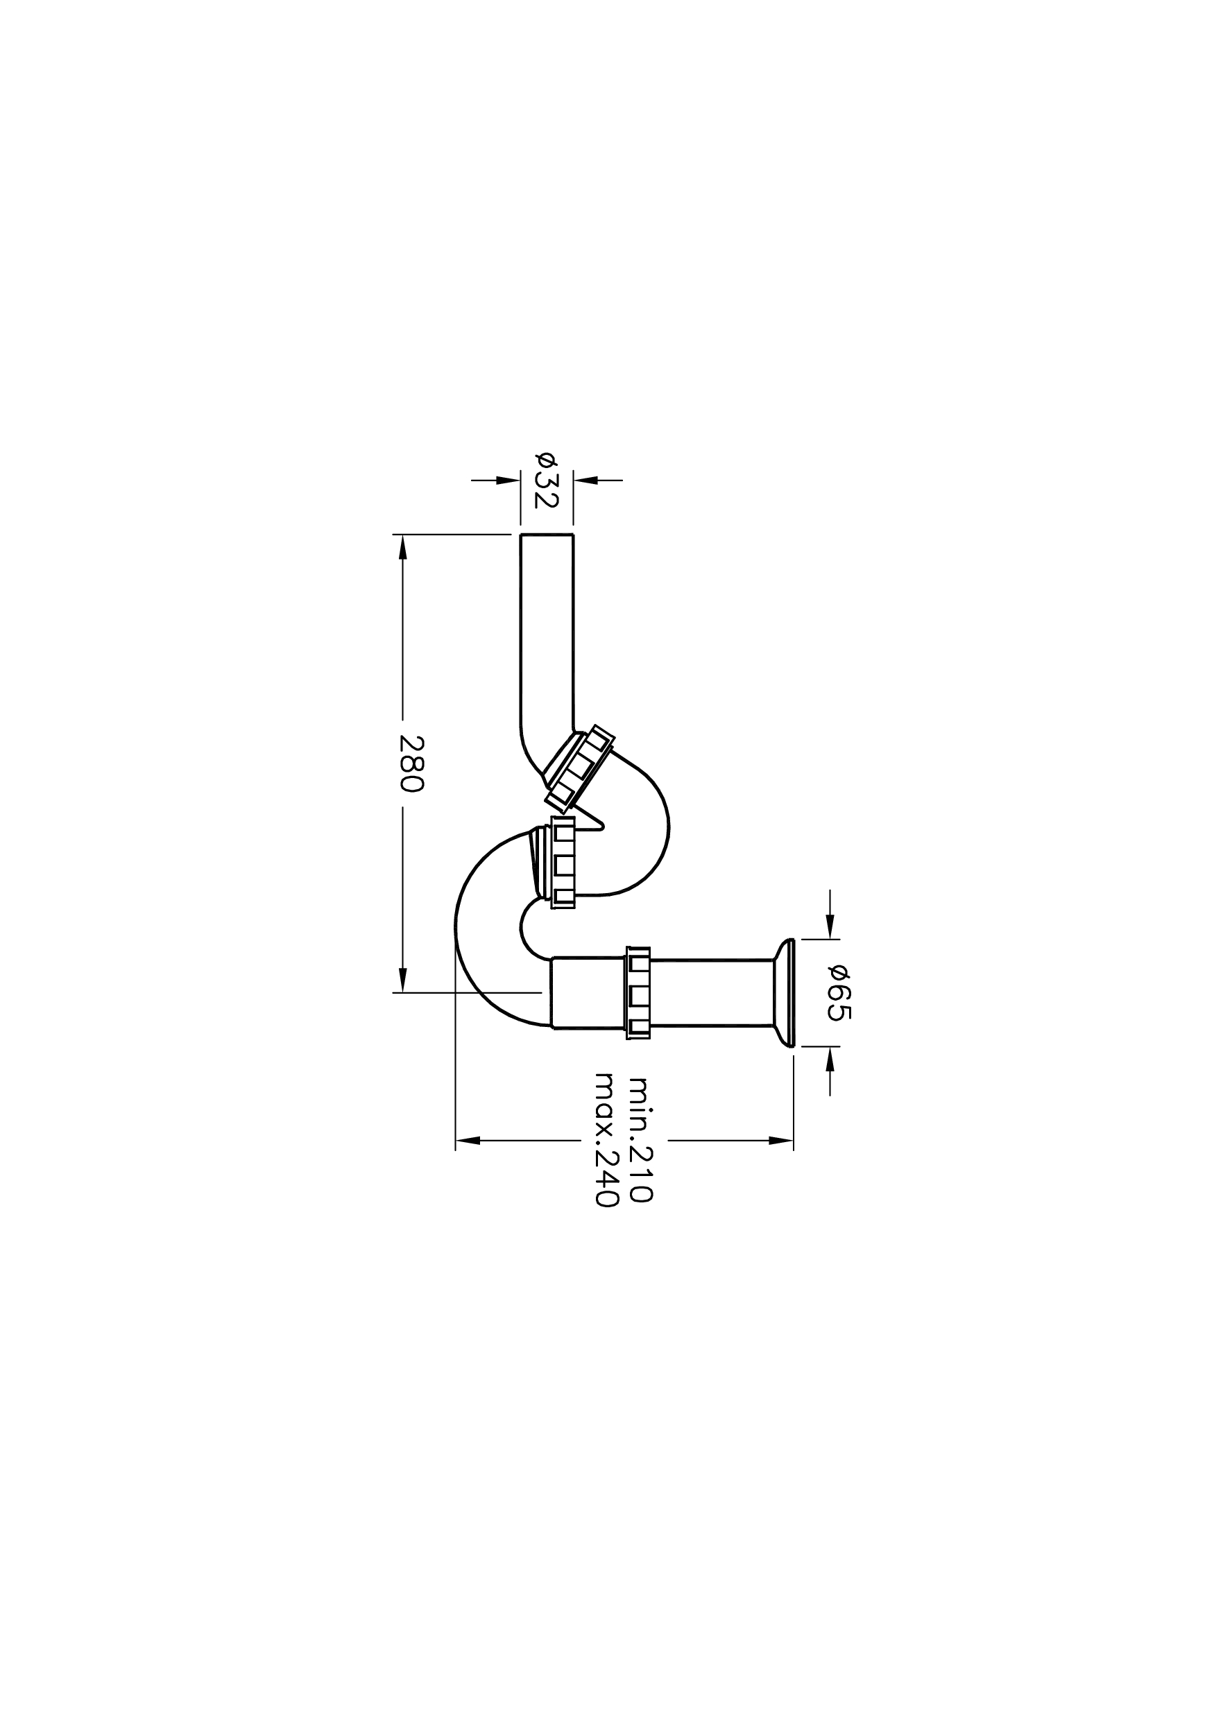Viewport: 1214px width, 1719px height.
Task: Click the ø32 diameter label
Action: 546,480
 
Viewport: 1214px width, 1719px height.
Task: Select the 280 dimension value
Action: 412,764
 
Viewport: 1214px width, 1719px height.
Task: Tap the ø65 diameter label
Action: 839,993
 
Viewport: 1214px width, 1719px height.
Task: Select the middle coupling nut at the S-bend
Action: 563,863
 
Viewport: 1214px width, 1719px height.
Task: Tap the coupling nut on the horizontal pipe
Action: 638,992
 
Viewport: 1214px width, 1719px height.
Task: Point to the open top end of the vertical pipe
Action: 547,535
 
